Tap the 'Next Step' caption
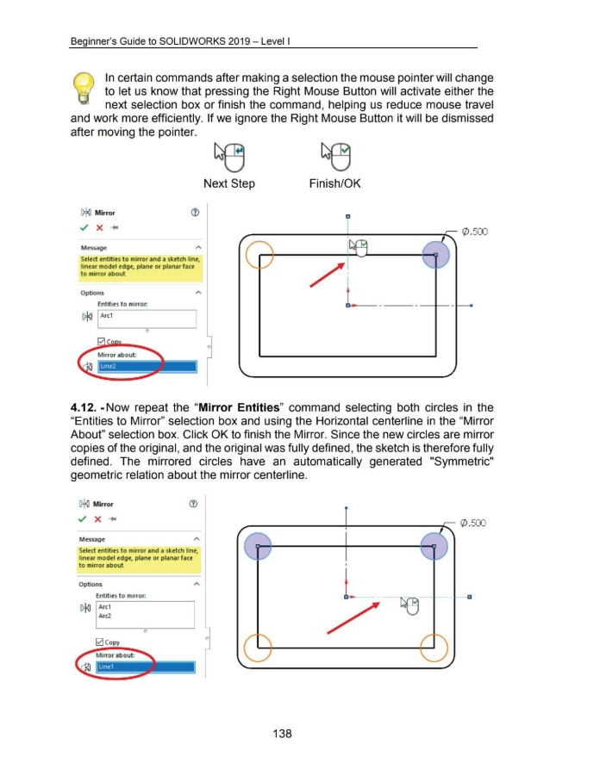click(x=228, y=183)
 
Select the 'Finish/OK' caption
click(x=334, y=183)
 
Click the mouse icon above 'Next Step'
click(x=228, y=157)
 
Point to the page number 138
click(x=280, y=734)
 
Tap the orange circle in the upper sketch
click(x=259, y=255)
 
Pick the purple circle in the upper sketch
click(x=437, y=255)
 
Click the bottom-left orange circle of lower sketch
click(x=259, y=647)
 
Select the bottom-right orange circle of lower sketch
click(x=436, y=647)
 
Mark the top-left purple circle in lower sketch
click(x=259, y=546)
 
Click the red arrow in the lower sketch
click(x=353, y=618)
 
